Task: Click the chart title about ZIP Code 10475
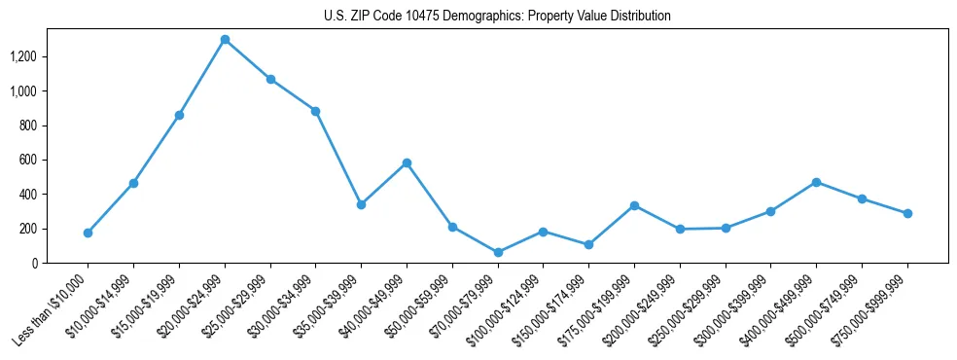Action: point(497,17)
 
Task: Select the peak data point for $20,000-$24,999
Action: point(225,40)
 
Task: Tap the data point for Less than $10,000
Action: point(88,233)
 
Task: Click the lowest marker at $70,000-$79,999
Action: point(498,252)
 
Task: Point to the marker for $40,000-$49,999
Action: point(407,162)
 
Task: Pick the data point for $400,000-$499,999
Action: point(816,182)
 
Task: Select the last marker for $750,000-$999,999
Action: point(907,213)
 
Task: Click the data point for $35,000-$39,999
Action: point(361,204)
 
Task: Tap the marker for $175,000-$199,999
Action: point(634,205)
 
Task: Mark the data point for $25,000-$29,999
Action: point(270,79)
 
